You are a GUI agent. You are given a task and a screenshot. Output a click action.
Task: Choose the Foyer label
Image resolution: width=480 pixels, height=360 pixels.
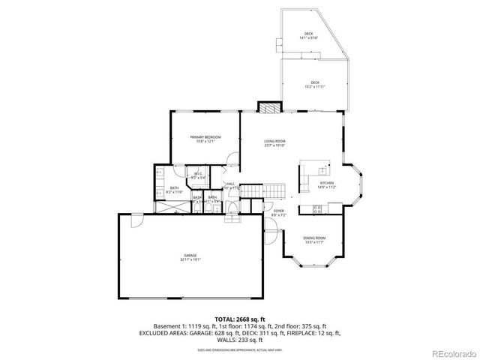point(278,213)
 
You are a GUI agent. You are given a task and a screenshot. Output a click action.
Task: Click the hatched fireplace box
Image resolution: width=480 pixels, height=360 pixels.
point(268,107)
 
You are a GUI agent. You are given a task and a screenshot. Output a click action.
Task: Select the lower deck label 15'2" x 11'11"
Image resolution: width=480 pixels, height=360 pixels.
point(315,85)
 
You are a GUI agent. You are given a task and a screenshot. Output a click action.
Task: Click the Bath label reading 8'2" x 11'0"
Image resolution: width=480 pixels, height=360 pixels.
point(174,190)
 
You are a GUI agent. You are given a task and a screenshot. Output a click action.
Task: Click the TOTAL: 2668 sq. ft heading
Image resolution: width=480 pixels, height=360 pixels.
point(240,319)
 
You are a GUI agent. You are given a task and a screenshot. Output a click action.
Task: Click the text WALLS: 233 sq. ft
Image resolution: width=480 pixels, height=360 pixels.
point(240,339)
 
